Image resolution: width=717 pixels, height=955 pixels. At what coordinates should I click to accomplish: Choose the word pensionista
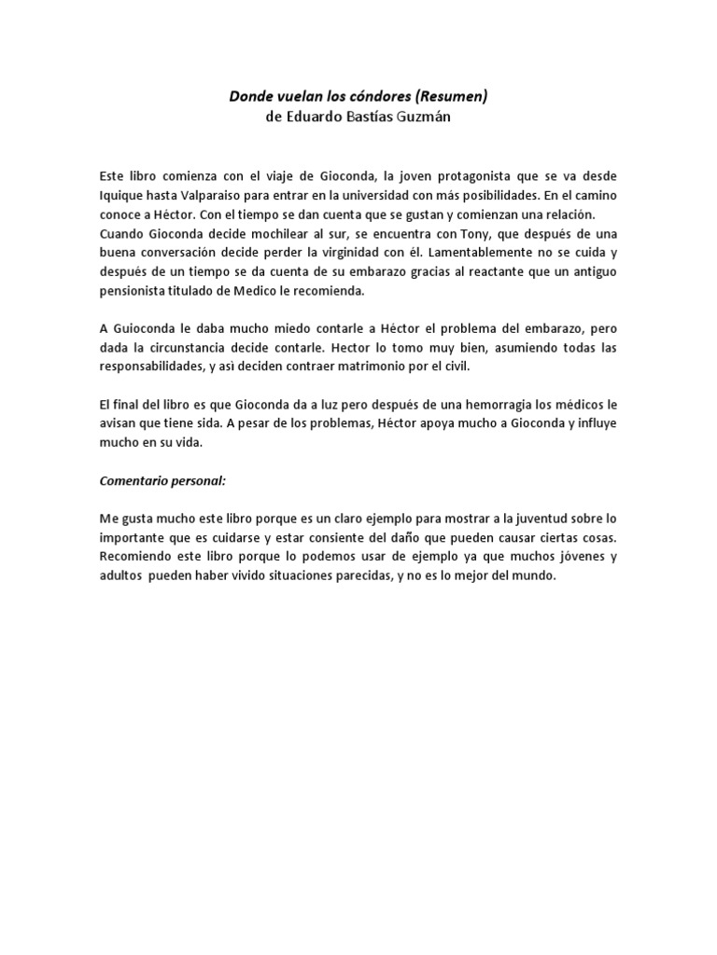[x=138, y=291]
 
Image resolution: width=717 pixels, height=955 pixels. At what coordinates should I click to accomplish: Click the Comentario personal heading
[x=163, y=482]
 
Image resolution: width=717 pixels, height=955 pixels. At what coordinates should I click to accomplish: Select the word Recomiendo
[x=138, y=558]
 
